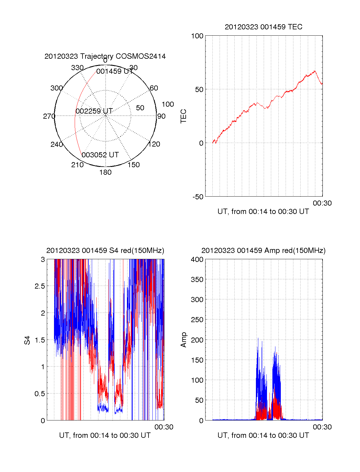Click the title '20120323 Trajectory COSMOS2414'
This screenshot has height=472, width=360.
[105, 56]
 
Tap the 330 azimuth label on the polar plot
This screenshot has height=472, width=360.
[77, 68]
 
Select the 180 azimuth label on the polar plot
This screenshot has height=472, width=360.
[105, 172]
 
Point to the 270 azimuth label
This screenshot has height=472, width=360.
[49, 116]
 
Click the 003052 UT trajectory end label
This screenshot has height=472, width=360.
[100, 155]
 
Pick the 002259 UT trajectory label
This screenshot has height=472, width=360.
[94, 111]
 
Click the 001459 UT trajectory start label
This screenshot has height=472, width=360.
[115, 71]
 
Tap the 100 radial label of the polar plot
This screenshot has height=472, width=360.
[168, 104]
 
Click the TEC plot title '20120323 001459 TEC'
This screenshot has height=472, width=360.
[263, 27]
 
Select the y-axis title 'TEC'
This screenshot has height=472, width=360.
[184, 116]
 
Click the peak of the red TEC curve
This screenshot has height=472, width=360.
[315, 71]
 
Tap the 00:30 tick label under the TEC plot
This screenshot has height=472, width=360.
[322, 203]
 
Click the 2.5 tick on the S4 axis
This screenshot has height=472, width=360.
[40, 286]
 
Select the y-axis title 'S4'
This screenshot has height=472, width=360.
[27, 340]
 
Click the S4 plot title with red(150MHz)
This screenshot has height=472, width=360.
[105, 251]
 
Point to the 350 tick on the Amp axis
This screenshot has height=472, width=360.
[197, 280]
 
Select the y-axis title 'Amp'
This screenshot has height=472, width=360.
[184, 340]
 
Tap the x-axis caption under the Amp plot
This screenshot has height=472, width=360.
[263, 435]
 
